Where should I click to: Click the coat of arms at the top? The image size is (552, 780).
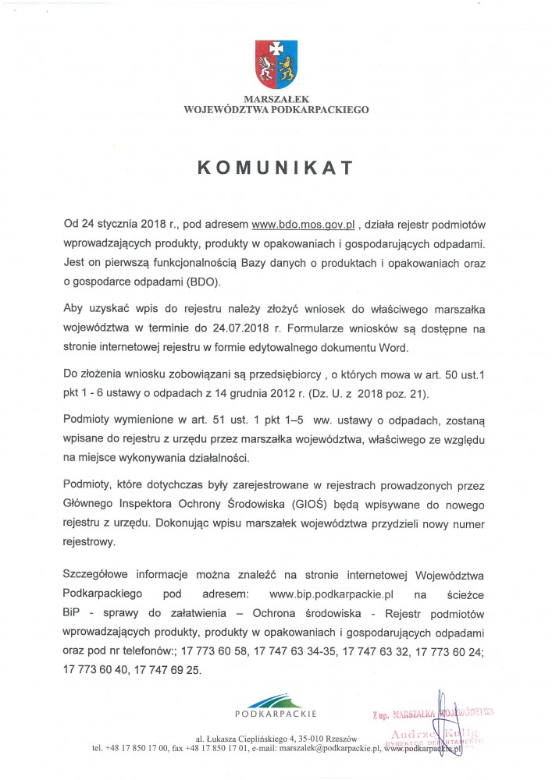click(276, 65)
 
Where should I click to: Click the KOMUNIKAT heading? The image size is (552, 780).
click(276, 168)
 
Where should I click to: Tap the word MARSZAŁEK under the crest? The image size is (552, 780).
click(276, 100)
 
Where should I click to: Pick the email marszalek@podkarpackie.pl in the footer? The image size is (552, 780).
click(323, 747)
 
